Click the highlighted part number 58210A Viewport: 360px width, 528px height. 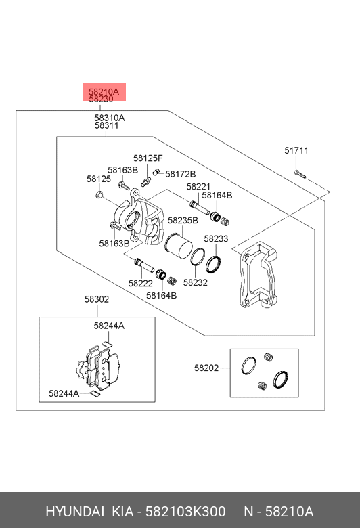click(104, 91)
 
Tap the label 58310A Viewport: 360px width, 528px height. click(109, 118)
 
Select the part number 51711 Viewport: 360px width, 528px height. click(296, 150)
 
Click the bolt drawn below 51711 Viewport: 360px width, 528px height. click(299, 174)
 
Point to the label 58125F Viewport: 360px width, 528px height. click(148, 158)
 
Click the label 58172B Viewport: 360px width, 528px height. click(180, 174)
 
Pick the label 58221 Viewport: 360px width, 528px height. click(198, 187)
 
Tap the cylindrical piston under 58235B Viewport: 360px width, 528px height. click(179, 246)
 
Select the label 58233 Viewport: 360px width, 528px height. click(216, 239)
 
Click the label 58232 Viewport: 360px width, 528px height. click(196, 282)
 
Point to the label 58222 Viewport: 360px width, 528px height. click(141, 284)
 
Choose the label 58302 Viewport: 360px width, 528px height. click(97, 299)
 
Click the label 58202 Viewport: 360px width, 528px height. click(206, 368)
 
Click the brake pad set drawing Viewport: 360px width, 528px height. click(98, 367)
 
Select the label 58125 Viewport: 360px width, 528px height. click(99, 179)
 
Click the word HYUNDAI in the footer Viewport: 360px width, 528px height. click(74, 512)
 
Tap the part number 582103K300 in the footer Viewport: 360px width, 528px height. click(185, 512)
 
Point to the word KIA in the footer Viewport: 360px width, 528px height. click(122, 512)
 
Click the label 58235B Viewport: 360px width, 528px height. click(183, 221)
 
